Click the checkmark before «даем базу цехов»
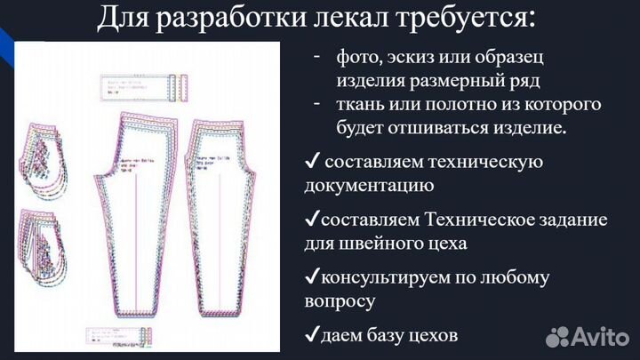pyautogui.click(x=311, y=335)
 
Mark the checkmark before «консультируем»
pyautogui.click(x=311, y=276)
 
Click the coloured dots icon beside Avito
pyautogui.click(x=558, y=335)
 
